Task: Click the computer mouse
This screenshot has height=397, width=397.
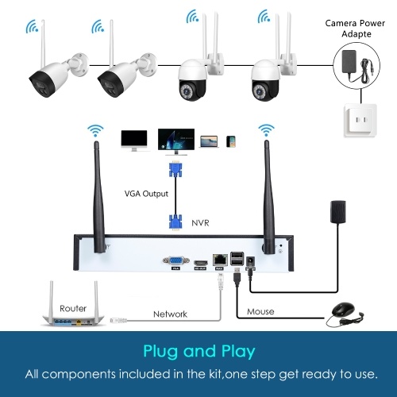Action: [x=343, y=310]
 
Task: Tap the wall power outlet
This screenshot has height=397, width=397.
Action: [x=360, y=121]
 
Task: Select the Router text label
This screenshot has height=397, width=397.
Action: [x=73, y=308]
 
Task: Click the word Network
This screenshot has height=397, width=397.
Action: [x=170, y=314]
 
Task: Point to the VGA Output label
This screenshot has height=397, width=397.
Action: [x=146, y=194]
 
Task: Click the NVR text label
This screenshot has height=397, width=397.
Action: [x=200, y=223]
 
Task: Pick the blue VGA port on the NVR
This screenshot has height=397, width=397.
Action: [x=176, y=260]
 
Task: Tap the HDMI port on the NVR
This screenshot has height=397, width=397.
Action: [x=201, y=263]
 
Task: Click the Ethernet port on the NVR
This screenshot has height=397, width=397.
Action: [x=220, y=260]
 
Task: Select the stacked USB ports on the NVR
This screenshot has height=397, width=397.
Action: [x=237, y=258]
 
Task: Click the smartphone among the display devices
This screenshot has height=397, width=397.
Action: [x=231, y=141]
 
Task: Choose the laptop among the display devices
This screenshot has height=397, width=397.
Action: [x=209, y=141]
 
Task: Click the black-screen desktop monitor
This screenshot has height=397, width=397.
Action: [x=134, y=141]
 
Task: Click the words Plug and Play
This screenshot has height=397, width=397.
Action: [x=199, y=351]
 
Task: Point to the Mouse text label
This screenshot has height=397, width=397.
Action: [x=260, y=311]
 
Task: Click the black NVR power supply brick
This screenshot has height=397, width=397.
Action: [x=338, y=211]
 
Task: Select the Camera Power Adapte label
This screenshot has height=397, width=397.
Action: [x=355, y=29]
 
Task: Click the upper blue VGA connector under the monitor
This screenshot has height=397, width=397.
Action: [x=175, y=169]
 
